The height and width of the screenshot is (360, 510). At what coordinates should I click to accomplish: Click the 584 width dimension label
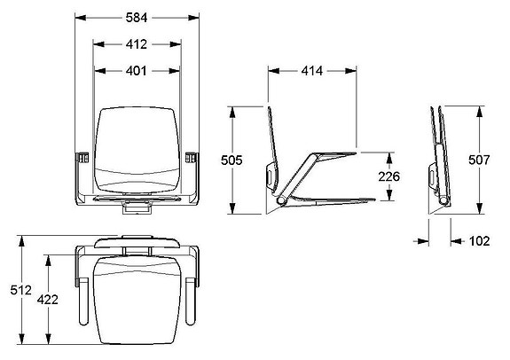click(x=137, y=16)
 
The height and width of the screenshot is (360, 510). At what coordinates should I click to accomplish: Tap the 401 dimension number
click(x=137, y=70)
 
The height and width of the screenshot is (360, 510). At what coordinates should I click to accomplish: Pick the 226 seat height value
click(x=388, y=176)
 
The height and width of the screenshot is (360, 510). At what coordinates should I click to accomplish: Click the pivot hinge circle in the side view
click(x=282, y=204)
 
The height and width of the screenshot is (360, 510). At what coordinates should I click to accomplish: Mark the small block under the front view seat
click(x=136, y=209)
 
